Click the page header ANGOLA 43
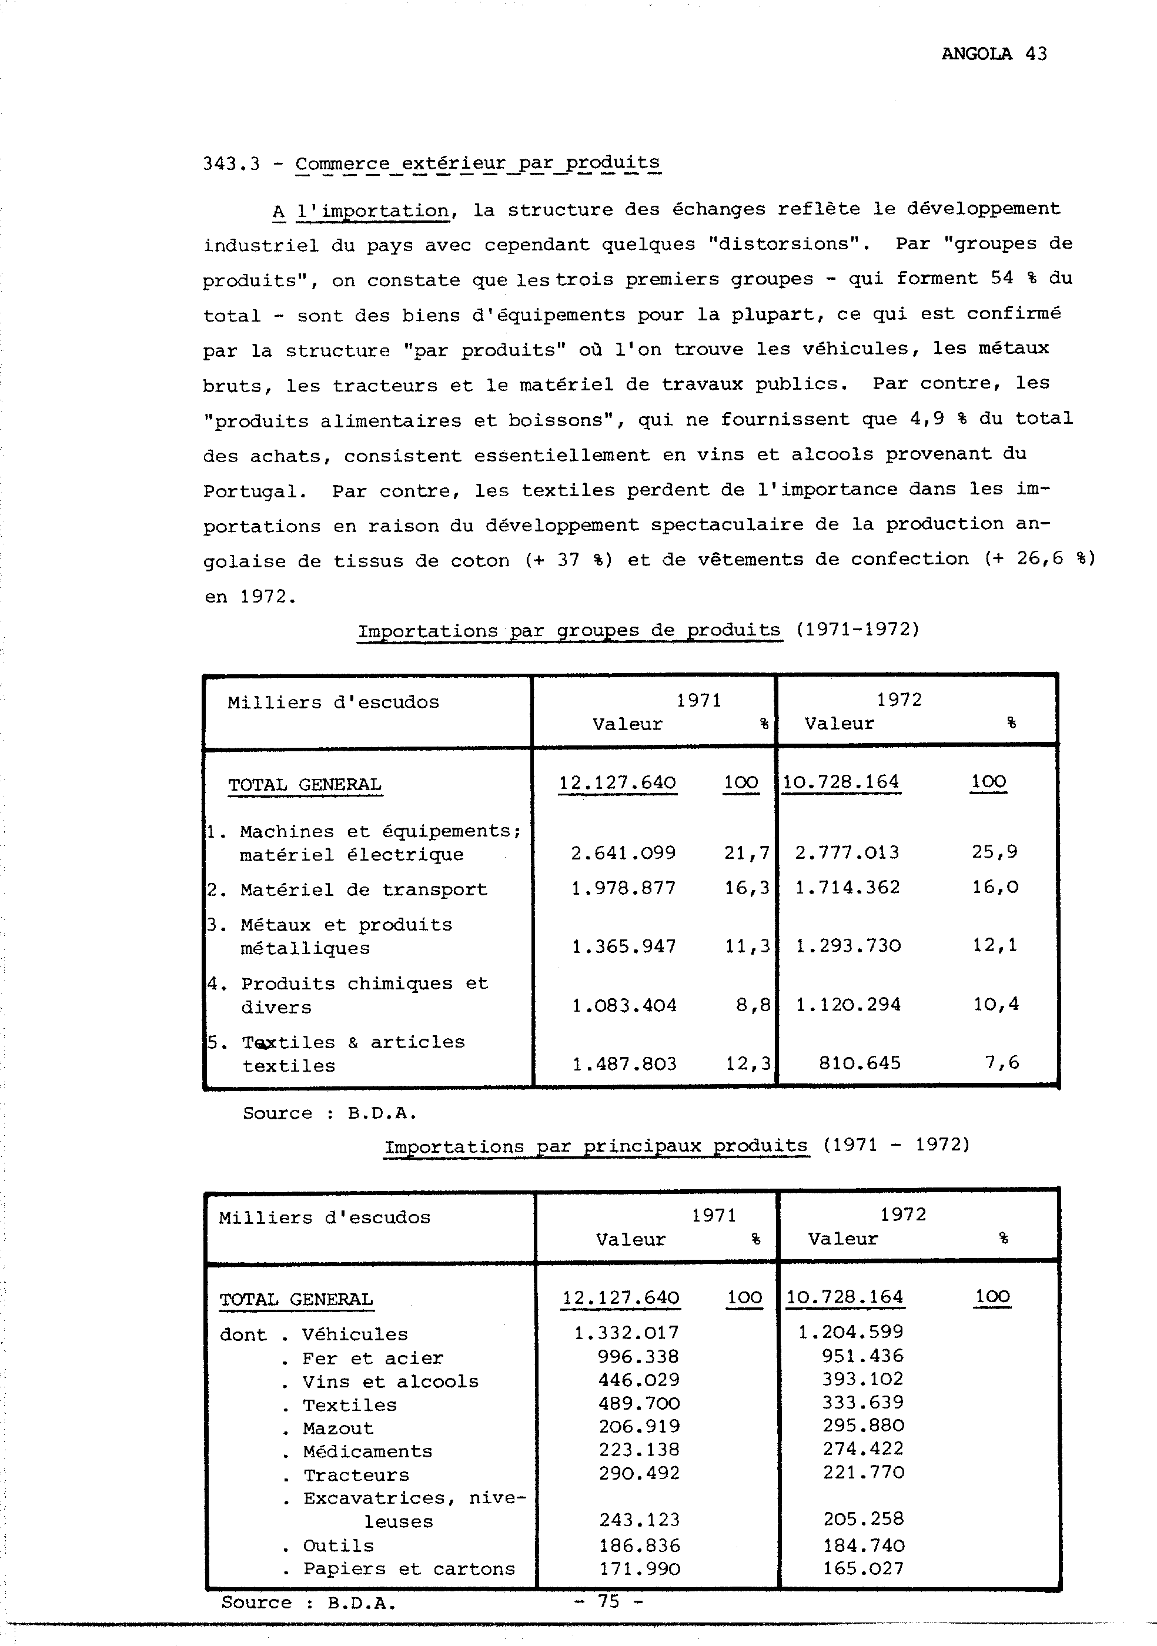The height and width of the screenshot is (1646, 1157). [994, 53]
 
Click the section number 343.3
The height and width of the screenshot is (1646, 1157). [231, 164]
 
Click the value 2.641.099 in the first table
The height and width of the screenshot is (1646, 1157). [623, 853]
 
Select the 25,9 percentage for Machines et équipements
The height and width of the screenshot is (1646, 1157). [994, 852]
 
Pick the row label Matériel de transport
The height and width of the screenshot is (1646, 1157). [363, 889]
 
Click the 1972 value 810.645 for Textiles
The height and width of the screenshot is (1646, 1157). [859, 1063]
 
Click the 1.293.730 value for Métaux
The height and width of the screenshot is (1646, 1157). [848, 946]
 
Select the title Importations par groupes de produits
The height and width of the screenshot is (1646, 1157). [569, 631]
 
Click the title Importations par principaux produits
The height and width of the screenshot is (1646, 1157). [596, 1146]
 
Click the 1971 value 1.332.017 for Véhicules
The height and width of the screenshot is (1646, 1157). [626, 1333]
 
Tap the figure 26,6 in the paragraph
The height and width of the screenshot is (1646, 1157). [1039, 558]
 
